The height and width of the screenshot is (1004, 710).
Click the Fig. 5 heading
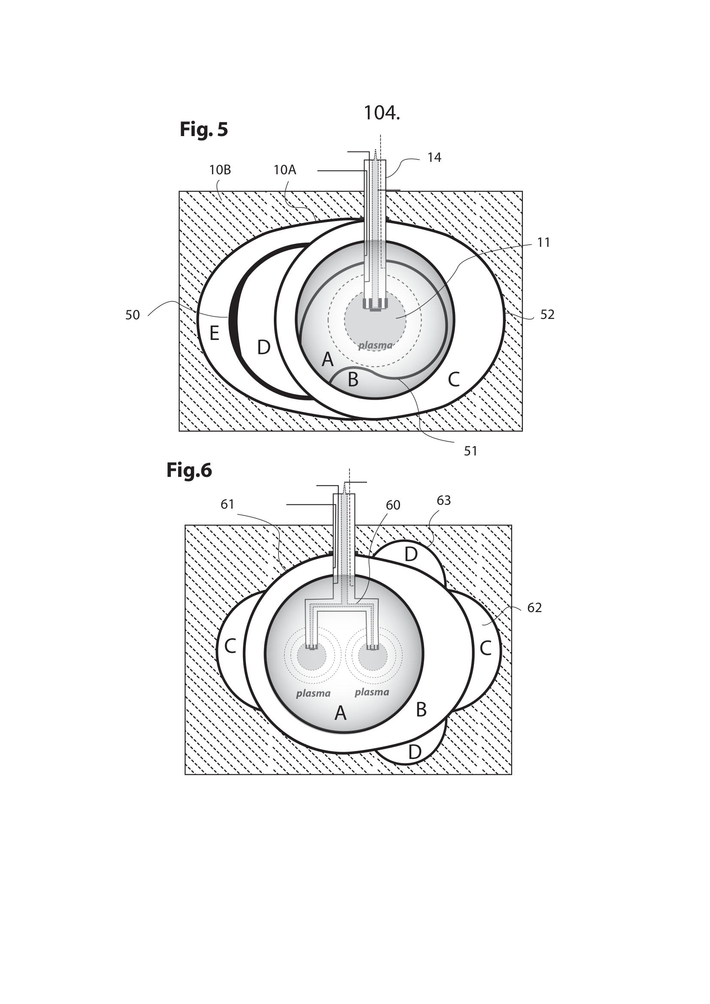click(204, 130)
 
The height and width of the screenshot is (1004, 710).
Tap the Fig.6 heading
click(189, 470)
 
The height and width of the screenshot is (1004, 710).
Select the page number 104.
click(382, 113)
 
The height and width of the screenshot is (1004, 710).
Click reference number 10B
click(220, 170)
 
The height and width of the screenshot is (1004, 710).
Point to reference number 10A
click(285, 170)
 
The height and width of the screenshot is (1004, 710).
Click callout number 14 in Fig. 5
click(434, 158)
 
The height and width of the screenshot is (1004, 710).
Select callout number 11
click(543, 243)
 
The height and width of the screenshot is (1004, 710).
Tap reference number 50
click(133, 315)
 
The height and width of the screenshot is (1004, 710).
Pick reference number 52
click(547, 315)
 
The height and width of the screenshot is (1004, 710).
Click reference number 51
click(470, 451)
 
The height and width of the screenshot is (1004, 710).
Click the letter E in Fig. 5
click(214, 334)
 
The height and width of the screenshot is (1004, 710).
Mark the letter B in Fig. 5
click(353, 380)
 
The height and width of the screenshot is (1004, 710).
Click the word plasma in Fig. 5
click(375, 346)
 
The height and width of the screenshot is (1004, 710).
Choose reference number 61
click(228, 505)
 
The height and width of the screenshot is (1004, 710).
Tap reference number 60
click(393, 506)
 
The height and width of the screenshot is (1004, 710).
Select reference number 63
click(443, 500)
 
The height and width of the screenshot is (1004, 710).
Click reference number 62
click(534, 608)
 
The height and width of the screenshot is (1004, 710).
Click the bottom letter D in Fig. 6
click(415, 752)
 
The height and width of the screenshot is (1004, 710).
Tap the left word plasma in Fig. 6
click(313, 694)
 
